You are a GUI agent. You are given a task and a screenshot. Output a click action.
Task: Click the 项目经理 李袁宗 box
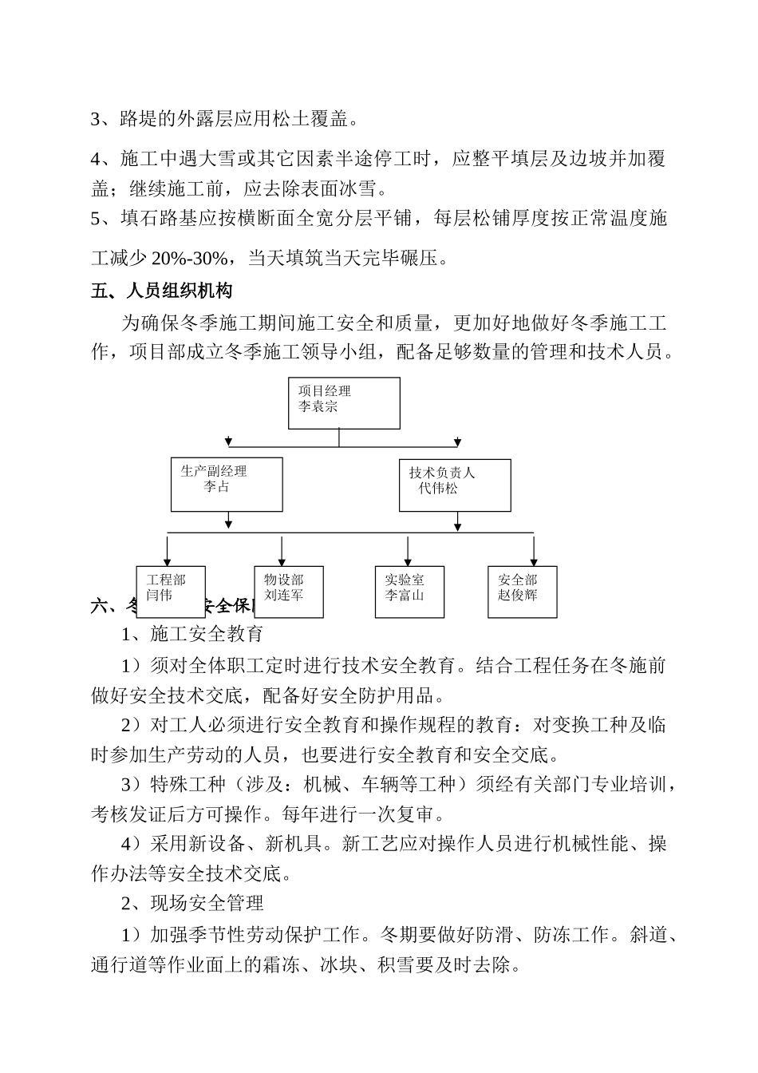pyautogui.click(x=344, y=403)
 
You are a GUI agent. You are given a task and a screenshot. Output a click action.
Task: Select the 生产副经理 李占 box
pyautogui.click(x=227, y=485)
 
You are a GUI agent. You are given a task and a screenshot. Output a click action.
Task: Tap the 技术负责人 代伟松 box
pyautogui.click(x=455, y=485)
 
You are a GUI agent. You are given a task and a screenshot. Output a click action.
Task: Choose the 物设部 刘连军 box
pyautogui.click(x=289, y=592)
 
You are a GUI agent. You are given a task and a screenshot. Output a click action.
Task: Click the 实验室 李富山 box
pyautogui.click(x=409, y=592)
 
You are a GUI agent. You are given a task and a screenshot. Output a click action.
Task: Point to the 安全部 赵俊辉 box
pyautogui.click(x=523, y=592)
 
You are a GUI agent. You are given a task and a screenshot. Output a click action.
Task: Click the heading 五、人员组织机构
pyautogui.click(x=162, y=291)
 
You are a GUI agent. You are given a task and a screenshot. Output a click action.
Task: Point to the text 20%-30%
pyautogui.click(x=191, y=259)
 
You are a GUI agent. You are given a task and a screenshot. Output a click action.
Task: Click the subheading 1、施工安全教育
pyautogui.click(x=191, y=635)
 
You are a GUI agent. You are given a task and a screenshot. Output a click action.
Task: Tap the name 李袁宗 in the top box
pyautogui.click(x=318, y=407)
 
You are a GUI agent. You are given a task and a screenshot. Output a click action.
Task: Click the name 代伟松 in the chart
pyautogui.click(x=438, y=488)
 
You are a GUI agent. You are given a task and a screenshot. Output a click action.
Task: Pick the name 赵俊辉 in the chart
pyautogui.click(x=518, y=596)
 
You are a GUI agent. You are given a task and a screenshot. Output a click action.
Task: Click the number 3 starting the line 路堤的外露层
pyautogui.click(x=96, y=120)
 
